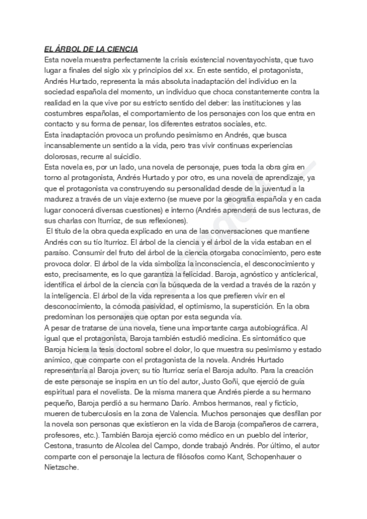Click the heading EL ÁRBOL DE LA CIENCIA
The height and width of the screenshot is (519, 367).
(x=91, y=49)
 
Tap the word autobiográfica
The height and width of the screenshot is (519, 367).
(x=270, y=327)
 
